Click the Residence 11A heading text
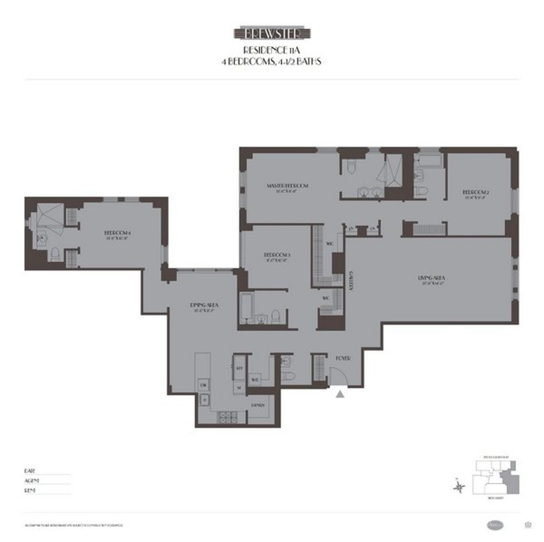point(271,50)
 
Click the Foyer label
point(343,358)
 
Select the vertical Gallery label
point(351,281)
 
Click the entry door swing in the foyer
point(338,376)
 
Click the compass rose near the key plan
point(460,487)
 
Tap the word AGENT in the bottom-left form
point(32,480)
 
